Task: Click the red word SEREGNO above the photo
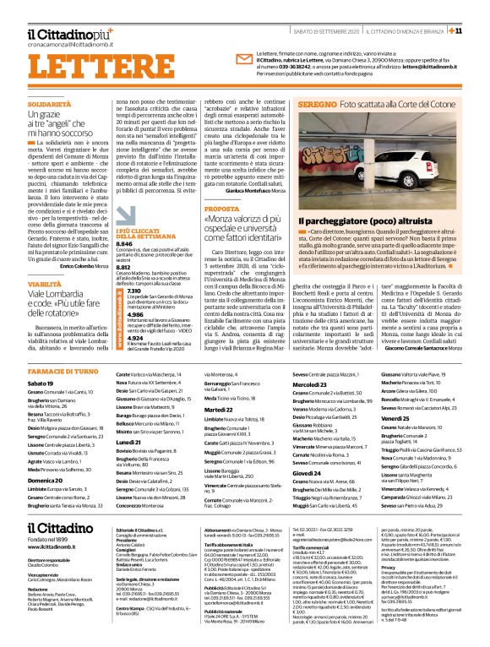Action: coord(318,102)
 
